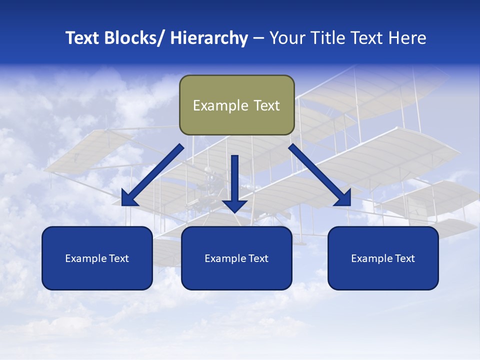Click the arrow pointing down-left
152,175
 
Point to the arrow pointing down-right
320,175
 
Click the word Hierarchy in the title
209,38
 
